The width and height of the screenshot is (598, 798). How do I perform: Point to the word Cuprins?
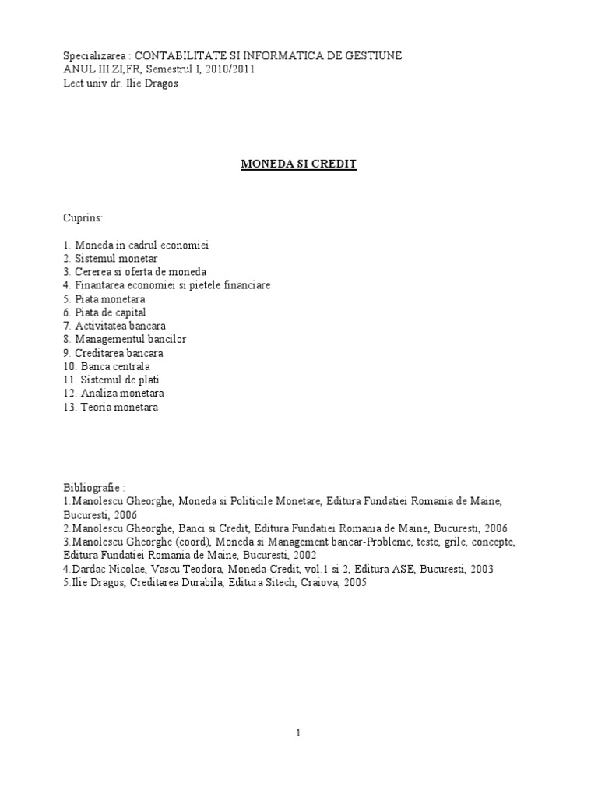pyautogui.click(x=83, y=218)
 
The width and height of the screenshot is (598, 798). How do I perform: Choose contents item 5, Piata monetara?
pyautogui.click(x=109, y=298)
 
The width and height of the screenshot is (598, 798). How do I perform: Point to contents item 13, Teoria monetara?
pyautogui.click(x=115, y=407)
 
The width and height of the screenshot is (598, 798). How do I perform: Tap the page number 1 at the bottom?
pyautogui.click(x=298, y=733)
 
